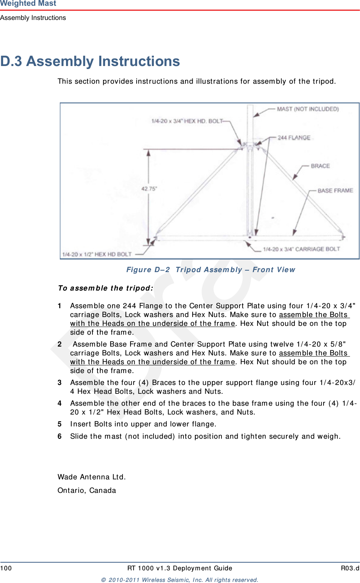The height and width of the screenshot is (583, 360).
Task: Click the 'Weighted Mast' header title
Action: (x=28, y=3)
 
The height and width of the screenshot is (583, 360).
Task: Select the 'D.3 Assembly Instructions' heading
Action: (x=90, y=61)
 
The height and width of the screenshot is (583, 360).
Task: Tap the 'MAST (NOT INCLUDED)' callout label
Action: (x=308, y=109)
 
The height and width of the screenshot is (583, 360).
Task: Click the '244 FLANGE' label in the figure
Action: (x=294, y=137)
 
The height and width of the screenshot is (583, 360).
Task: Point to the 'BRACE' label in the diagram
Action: (x=320, y=166)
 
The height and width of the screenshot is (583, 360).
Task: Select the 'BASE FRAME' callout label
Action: (x=335, y=190)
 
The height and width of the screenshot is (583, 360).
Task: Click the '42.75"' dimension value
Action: (x=149, y=189)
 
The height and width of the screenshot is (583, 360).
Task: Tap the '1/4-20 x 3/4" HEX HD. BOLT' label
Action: (x=187, y=121)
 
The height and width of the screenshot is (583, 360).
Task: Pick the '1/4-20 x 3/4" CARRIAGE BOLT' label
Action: (x=301, y=249)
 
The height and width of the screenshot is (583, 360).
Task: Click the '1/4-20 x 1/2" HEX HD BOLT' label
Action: (x=97, y=254)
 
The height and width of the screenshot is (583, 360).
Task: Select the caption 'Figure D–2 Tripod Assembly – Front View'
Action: (x=211, y=270)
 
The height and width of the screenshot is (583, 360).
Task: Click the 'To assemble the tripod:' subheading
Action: (x=106, y=288)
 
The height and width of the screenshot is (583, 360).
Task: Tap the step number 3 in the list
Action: (x=59, y=383)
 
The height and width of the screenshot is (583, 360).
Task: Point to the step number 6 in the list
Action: (x=59, y=436)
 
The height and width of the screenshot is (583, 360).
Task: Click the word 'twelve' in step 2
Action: (x=282, y=344)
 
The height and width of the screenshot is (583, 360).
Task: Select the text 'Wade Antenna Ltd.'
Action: (x=92, y=477)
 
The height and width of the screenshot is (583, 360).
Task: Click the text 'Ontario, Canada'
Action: (x=87, y=491)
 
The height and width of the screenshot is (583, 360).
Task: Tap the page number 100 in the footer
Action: (x=6, y=568)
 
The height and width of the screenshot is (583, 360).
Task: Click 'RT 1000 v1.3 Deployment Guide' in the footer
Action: (x=180, y=568)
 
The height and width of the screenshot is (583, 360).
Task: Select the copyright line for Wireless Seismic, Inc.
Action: (x=180, y=580)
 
